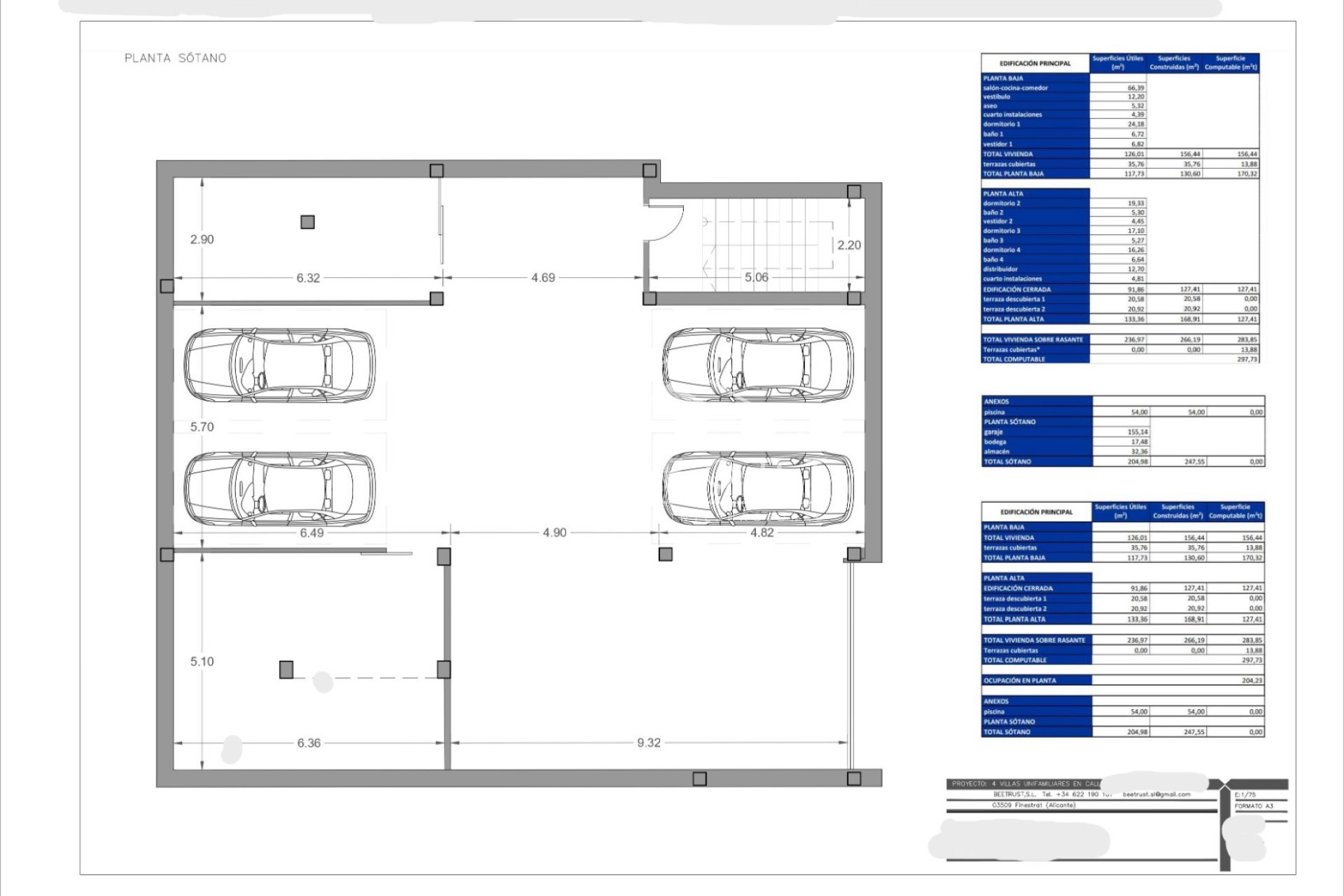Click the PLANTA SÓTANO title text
(x=175, y=58)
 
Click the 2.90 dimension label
(x=202, y=239)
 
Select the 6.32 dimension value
(x=308, y=278)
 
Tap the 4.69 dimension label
(x=542, y=278)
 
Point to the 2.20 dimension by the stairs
(x=848, y=245)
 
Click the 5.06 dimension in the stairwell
(x=756, y=277)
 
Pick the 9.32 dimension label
(x=648, y=743)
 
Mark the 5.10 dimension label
(x=202, y=661)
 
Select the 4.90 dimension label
(x=554, y=533)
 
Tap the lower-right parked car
(x=758, y=489)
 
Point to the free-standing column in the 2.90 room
(x=307, y=222)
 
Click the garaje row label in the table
(x=993, y=432)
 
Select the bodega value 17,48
(x=1139, y=442)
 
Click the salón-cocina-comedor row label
(x=1015, y=88)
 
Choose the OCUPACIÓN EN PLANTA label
(x=1020, y=680)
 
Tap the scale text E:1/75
(x=1245, y=795)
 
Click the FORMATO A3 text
(x=1254, y=806)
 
